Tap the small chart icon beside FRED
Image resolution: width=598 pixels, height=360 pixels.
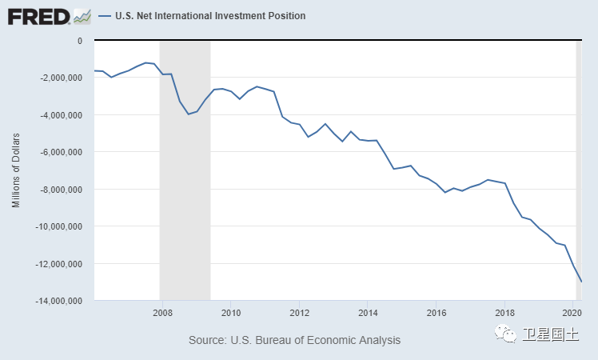[x=81, y=15]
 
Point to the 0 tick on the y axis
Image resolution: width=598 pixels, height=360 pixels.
[x=79, y=40]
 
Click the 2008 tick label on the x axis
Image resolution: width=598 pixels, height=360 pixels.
[x=161, y=312]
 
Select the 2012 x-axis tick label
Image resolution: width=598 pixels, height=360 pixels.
[x=299, y=312]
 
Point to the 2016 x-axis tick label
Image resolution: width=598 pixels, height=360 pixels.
[x=437, y=312]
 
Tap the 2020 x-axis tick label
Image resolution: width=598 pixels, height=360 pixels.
[x=572, y=312]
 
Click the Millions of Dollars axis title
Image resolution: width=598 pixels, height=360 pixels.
[x=16, y=170]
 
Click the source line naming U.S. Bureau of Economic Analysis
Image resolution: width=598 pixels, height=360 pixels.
[x=294, y=340]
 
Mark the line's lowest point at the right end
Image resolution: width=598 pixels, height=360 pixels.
[x=581, y=282]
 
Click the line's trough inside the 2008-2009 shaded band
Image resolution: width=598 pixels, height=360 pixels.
[x=189, y=114]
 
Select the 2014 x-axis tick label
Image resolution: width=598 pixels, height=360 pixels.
[x=368, y=312]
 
